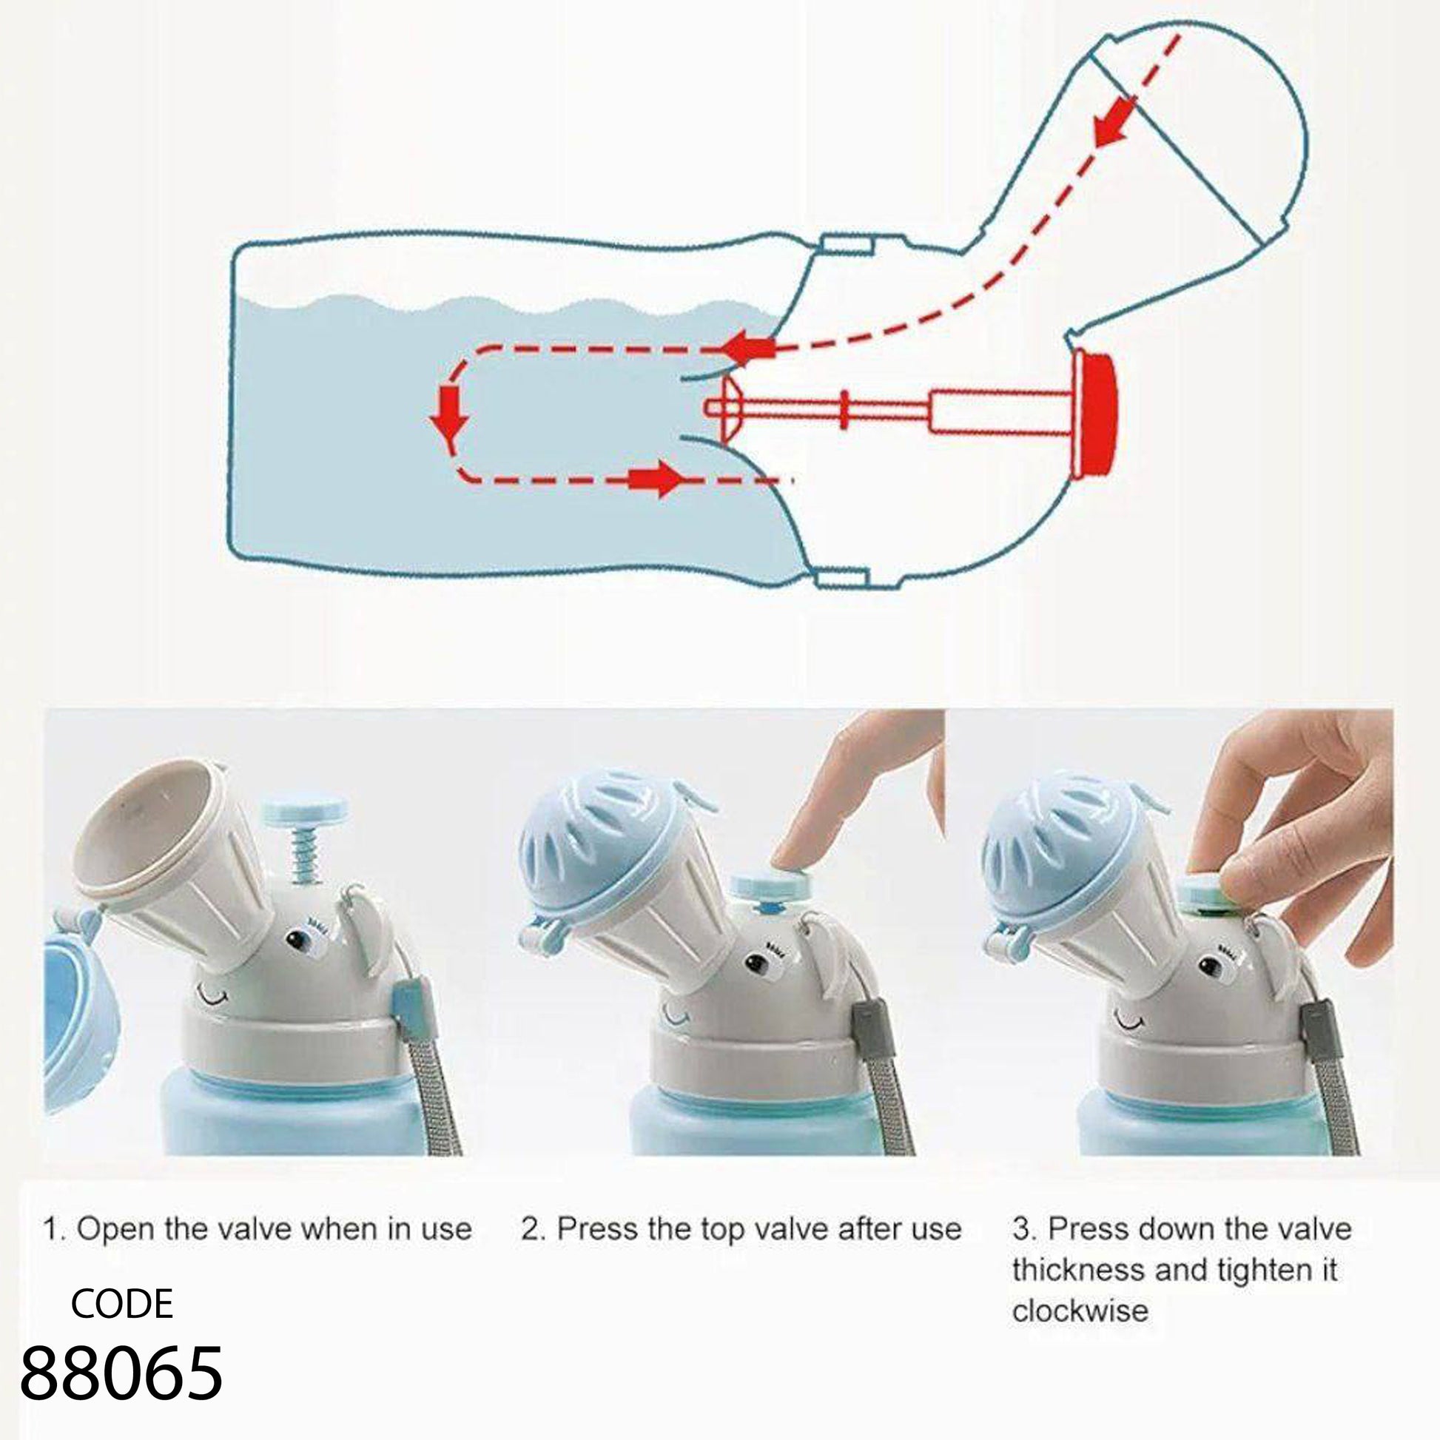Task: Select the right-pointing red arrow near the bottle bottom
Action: pos(656,481)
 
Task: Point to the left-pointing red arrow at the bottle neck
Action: pos(749,348)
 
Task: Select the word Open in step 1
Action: pos(115,1228)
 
